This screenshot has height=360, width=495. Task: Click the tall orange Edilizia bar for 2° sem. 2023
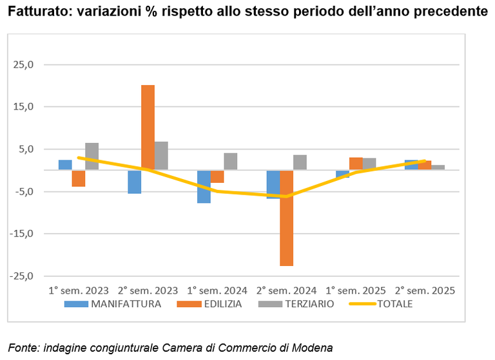pos(148,127)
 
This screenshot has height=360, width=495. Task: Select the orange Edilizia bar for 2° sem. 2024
pos(287,218)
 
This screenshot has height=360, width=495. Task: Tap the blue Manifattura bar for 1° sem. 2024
pos(204,187)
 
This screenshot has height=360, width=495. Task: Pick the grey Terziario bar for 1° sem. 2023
pos(92,156)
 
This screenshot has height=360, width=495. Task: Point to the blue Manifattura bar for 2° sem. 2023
pos(134,182)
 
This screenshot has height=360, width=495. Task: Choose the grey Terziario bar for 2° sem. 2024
pos(300,162)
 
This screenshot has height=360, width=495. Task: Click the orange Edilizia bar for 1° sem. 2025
pos(356,164)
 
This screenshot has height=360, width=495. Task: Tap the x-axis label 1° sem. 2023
pos(79,290)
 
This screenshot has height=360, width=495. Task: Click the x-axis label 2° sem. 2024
pos(286,290)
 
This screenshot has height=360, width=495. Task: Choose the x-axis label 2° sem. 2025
pos(425,290)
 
